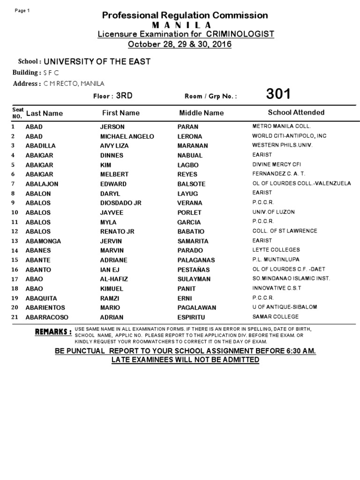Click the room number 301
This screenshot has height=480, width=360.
point(278,94)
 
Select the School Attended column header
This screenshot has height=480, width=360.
point(296,112)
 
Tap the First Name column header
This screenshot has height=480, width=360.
point(121,113)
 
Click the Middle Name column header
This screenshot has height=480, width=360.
point(202,113)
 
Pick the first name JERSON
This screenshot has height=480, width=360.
point(112,127)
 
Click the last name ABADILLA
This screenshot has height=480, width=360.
point(42,145)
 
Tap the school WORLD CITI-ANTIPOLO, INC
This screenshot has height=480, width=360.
point(289,136)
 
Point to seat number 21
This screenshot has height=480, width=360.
point(15,317)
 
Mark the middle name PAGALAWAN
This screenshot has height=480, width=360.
point(196,307)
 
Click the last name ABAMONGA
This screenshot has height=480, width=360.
point(43,241)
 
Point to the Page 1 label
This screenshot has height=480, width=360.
point(22,11)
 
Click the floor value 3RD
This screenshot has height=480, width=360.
point(124,96)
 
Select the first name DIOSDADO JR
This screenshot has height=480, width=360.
point(121,203)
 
